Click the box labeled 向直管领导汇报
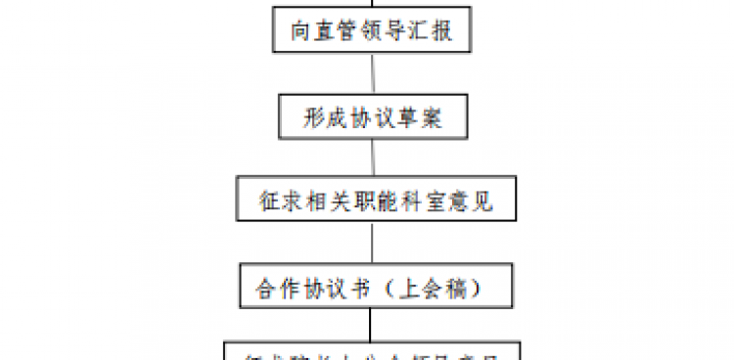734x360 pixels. pos(371,32)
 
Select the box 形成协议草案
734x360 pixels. pos(371,117)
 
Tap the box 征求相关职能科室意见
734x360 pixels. pos(371,202)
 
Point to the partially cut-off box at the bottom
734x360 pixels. pos(371,351)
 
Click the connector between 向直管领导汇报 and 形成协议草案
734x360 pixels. pos(371,73)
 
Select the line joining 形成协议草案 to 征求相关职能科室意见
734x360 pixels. pos(371,158)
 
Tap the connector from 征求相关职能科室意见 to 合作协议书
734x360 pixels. pos(371,244)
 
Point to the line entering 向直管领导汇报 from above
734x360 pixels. pos(371,5)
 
